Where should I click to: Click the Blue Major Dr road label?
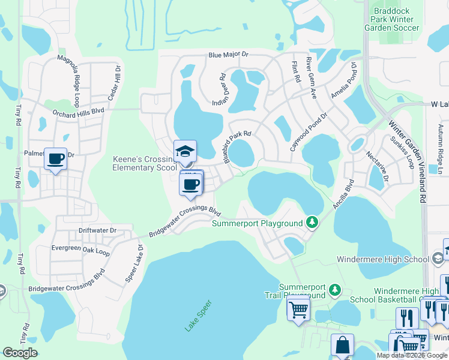(228, 55)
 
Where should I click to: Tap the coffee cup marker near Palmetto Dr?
(56, 160)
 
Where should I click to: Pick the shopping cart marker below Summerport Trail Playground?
(298, 309)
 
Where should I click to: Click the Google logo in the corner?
(20, 353)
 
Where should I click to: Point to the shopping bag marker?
(342, 345)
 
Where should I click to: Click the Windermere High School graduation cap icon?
(438, 258)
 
